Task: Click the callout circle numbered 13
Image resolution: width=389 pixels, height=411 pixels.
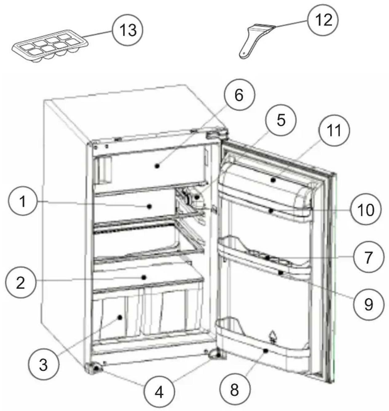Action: tap(128, 30)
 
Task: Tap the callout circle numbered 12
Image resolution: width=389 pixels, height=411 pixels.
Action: tap(323, 20)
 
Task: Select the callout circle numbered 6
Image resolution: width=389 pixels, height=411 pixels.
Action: tap(239, 95)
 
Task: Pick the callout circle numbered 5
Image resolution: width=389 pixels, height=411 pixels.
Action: tap(281, 121)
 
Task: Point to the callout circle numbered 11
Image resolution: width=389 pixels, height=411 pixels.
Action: tap(334, 130)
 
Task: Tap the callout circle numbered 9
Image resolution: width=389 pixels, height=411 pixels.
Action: tap(368, 305)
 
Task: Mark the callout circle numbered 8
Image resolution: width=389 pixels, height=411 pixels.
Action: tap(234, 390)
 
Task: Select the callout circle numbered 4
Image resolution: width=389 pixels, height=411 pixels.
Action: tap(159, 392)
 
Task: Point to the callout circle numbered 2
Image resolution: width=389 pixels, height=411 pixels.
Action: tap(21, 283)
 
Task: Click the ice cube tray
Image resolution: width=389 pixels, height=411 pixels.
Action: tap(50, 46)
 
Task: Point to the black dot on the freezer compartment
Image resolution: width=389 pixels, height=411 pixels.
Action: tap(157, 166)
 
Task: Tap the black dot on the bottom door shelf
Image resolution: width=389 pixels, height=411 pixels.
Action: tap(266, 350)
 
